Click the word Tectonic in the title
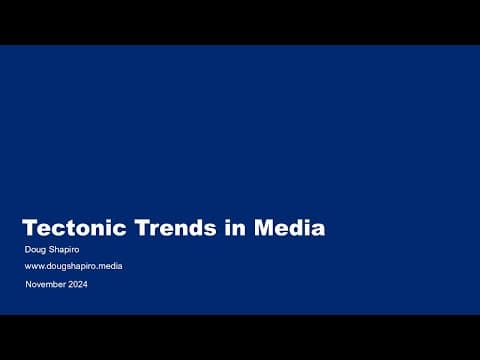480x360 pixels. (x=69, y=228)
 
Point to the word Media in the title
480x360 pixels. (x=290, y=228)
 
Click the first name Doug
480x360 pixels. (x=35, y=248)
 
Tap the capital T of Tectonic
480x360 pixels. (x=30, y=228)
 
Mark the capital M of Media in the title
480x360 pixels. (x=264, y=228)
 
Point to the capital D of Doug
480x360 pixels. (x=28, y=248)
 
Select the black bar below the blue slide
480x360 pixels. (x=240, y=337)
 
